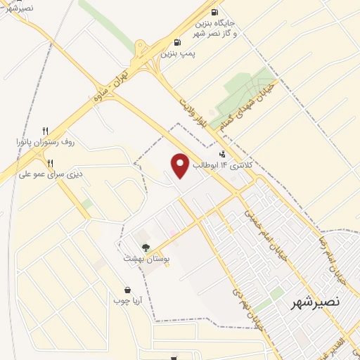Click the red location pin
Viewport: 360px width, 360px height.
pos(180,165)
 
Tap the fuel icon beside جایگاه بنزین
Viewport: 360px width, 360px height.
pos(214,12)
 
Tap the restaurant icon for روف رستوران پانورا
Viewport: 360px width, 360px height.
pos(45,130)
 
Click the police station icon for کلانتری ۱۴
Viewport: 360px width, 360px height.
pos(223,154)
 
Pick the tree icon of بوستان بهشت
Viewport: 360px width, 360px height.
pos(146,247)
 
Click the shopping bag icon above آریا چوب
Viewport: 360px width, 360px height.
pos(127,290)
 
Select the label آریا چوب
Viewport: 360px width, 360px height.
pos(128,301)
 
